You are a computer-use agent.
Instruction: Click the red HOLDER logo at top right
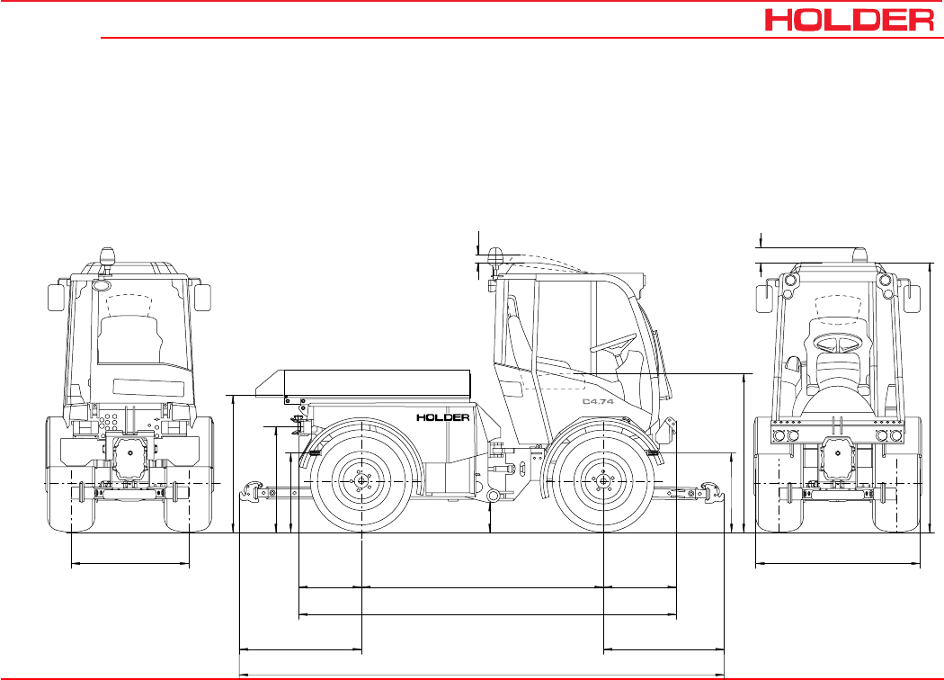(x=850, y=20)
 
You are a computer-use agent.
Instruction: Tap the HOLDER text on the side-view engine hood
(x=443, y=417)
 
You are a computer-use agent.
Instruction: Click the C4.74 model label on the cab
(x=598, y=401)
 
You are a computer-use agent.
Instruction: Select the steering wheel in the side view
(x=613, y=344)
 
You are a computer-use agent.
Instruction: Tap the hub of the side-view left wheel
(x=361, y=480)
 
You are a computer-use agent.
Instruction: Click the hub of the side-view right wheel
(x=603, y=480)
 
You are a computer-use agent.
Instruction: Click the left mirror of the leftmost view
(x=56, y=298)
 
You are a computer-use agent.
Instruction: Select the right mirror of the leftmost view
(x=203, y=298)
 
